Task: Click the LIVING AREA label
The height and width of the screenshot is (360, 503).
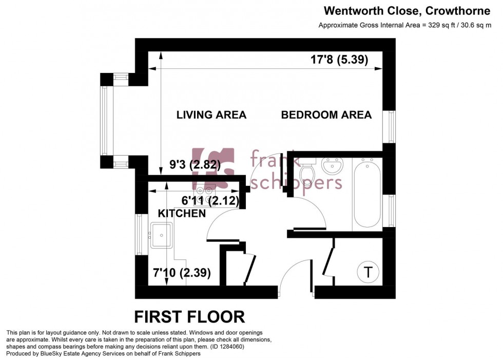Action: [x=211, y=115]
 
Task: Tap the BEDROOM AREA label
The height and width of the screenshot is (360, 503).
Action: [x=326, y=115]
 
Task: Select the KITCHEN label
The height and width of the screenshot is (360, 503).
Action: [x=181, y=213]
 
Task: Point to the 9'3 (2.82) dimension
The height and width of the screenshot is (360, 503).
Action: [x=195, y=165]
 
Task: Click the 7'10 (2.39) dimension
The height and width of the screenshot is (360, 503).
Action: [x=182, y=273]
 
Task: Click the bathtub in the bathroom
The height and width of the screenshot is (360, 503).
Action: [x=366, y=194]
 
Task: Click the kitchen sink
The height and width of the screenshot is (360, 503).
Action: [x=162, y=235]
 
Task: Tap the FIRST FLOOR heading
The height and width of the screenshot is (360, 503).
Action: [x=189, y=316]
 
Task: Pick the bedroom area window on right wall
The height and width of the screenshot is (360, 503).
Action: [x=392, y=126]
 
